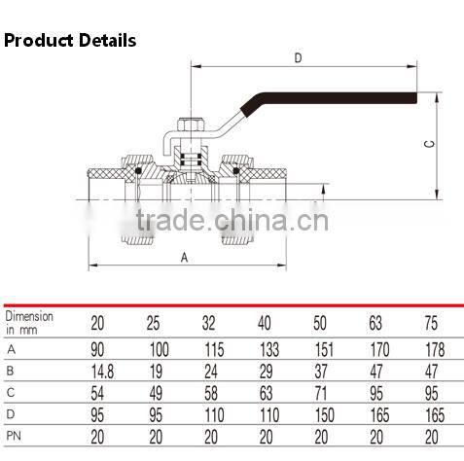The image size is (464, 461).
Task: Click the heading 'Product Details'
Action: coord(70,41)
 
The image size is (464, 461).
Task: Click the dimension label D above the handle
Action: coord(298,58)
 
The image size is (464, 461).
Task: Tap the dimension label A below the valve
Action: coord(184,257)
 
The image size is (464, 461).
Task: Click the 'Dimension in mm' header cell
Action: coord(30,323)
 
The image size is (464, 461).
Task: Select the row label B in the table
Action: coord(11,370)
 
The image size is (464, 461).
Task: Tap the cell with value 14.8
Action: coord(100,370)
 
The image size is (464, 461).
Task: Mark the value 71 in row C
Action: coord(323,392)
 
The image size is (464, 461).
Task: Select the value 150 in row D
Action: coord(323,413)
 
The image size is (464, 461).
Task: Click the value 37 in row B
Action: coord(323,370)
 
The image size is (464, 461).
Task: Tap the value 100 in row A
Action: coord(157,348)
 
